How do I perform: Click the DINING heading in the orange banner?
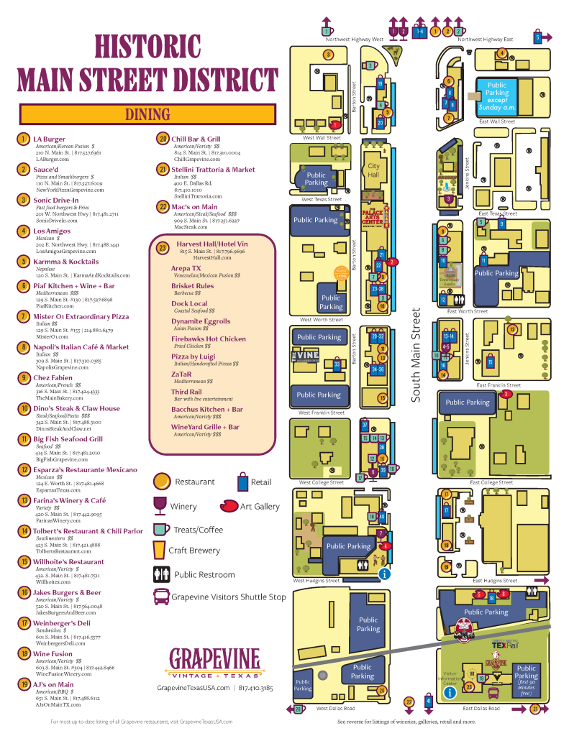147,114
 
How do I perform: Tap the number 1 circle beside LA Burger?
24,139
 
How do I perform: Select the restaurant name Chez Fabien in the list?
53,377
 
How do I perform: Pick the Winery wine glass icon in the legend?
159,505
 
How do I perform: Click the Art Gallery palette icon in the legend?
229,505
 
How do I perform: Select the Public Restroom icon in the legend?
160,574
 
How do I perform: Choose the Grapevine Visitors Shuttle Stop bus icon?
160,597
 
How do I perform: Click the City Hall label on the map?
373,170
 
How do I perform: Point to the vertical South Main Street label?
416,355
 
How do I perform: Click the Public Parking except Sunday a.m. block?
496,96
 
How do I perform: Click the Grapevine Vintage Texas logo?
214,663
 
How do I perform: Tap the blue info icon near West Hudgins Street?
385,574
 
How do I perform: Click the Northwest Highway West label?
358,40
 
